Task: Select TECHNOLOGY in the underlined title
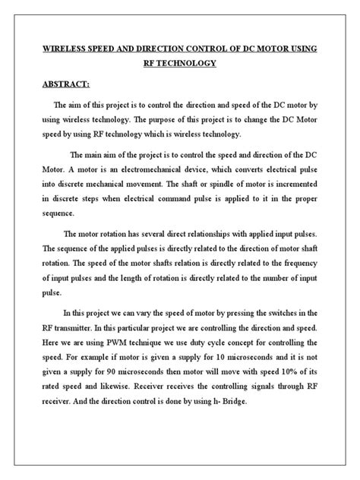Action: click(x=190, y=64)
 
